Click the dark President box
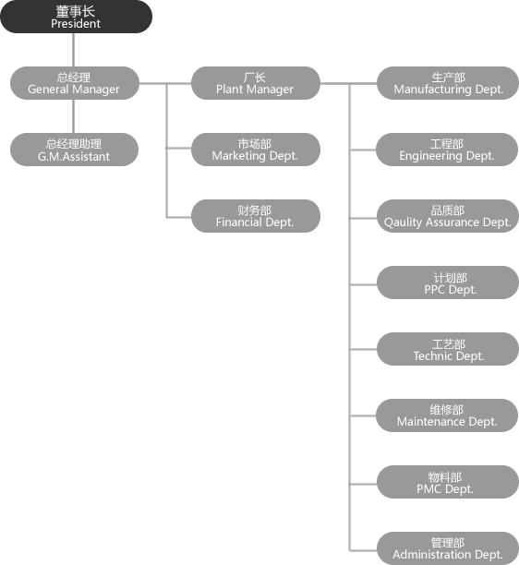pyautogui.click(x=77, y=17)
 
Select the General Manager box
pyautogui.click(x=75, y=83)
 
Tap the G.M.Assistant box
pyautogui.click(x=74, y=150)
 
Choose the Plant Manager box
pyautogui.click(x=256, y=83)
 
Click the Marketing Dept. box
pyautogui.click(x=256, y=150)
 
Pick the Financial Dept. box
pyautogui.click(x=256, y=216)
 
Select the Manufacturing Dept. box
pyautogui.click(x=448, y=83)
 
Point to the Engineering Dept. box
pyautogui.click(x=447, y=150)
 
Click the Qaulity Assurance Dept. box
pyautogui.click(x=448, y=216)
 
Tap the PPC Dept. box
pyautogui.click(x=448, y=282)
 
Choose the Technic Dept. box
pyautogui.click(x=448, y=349)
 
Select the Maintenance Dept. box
pyautogui.click(x=447, y=415)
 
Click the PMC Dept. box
pyautogui.click(x=448, y=482)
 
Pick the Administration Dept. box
pyautogui.click(x=448, y=548)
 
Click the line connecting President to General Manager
pyautogui.click(x=74, y=50)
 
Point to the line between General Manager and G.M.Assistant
pyautogui.click(x=74, y=116)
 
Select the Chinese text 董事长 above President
pyautogui.click(x=76, y=11)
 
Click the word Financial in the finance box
pyautogui.click(x=234, y=222)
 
